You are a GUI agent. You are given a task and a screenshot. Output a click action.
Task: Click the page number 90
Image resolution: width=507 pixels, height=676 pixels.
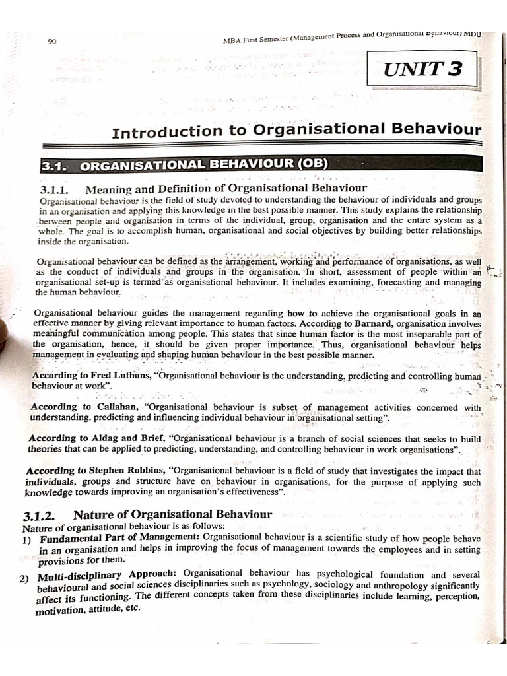point(53,42)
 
